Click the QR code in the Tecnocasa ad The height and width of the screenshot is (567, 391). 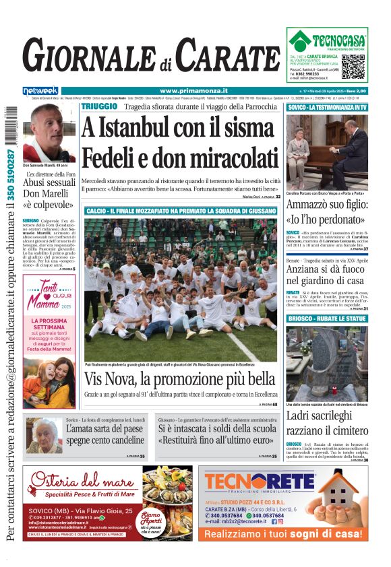[353, 66]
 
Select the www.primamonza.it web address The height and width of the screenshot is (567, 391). [193, 91]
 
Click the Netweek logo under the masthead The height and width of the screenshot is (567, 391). [40, 91]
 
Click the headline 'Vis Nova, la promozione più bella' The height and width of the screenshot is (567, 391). [180, 378]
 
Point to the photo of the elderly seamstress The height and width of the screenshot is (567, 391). [44, 436]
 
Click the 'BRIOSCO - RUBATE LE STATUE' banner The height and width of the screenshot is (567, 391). [327, 318]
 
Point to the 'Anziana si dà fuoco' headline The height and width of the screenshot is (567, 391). [327, 274]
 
